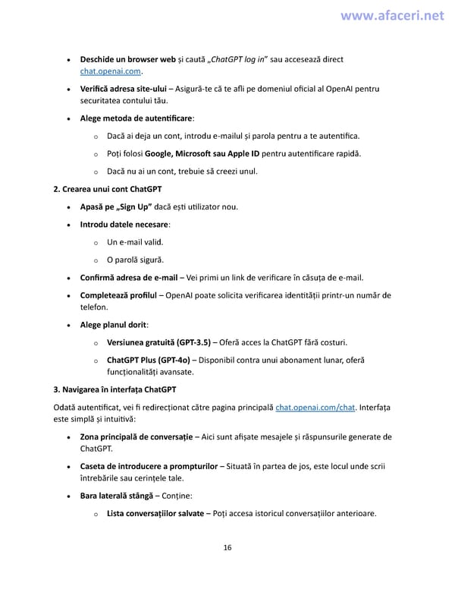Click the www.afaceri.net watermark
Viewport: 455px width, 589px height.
coord(392,15)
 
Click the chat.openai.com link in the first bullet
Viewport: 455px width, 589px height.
coord(111,71)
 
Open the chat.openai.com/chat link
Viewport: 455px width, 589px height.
coord(315,408)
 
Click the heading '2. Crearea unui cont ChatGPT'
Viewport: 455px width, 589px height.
coord(107,188)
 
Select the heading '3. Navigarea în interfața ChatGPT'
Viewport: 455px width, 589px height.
coord(115,389)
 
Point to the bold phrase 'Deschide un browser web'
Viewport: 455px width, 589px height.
coord(127,59)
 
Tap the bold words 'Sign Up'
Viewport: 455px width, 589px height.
coord(135,206)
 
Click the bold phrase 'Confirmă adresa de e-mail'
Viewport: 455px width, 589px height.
coord(128,277)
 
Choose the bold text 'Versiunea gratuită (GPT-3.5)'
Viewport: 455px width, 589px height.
coord(158,342)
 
